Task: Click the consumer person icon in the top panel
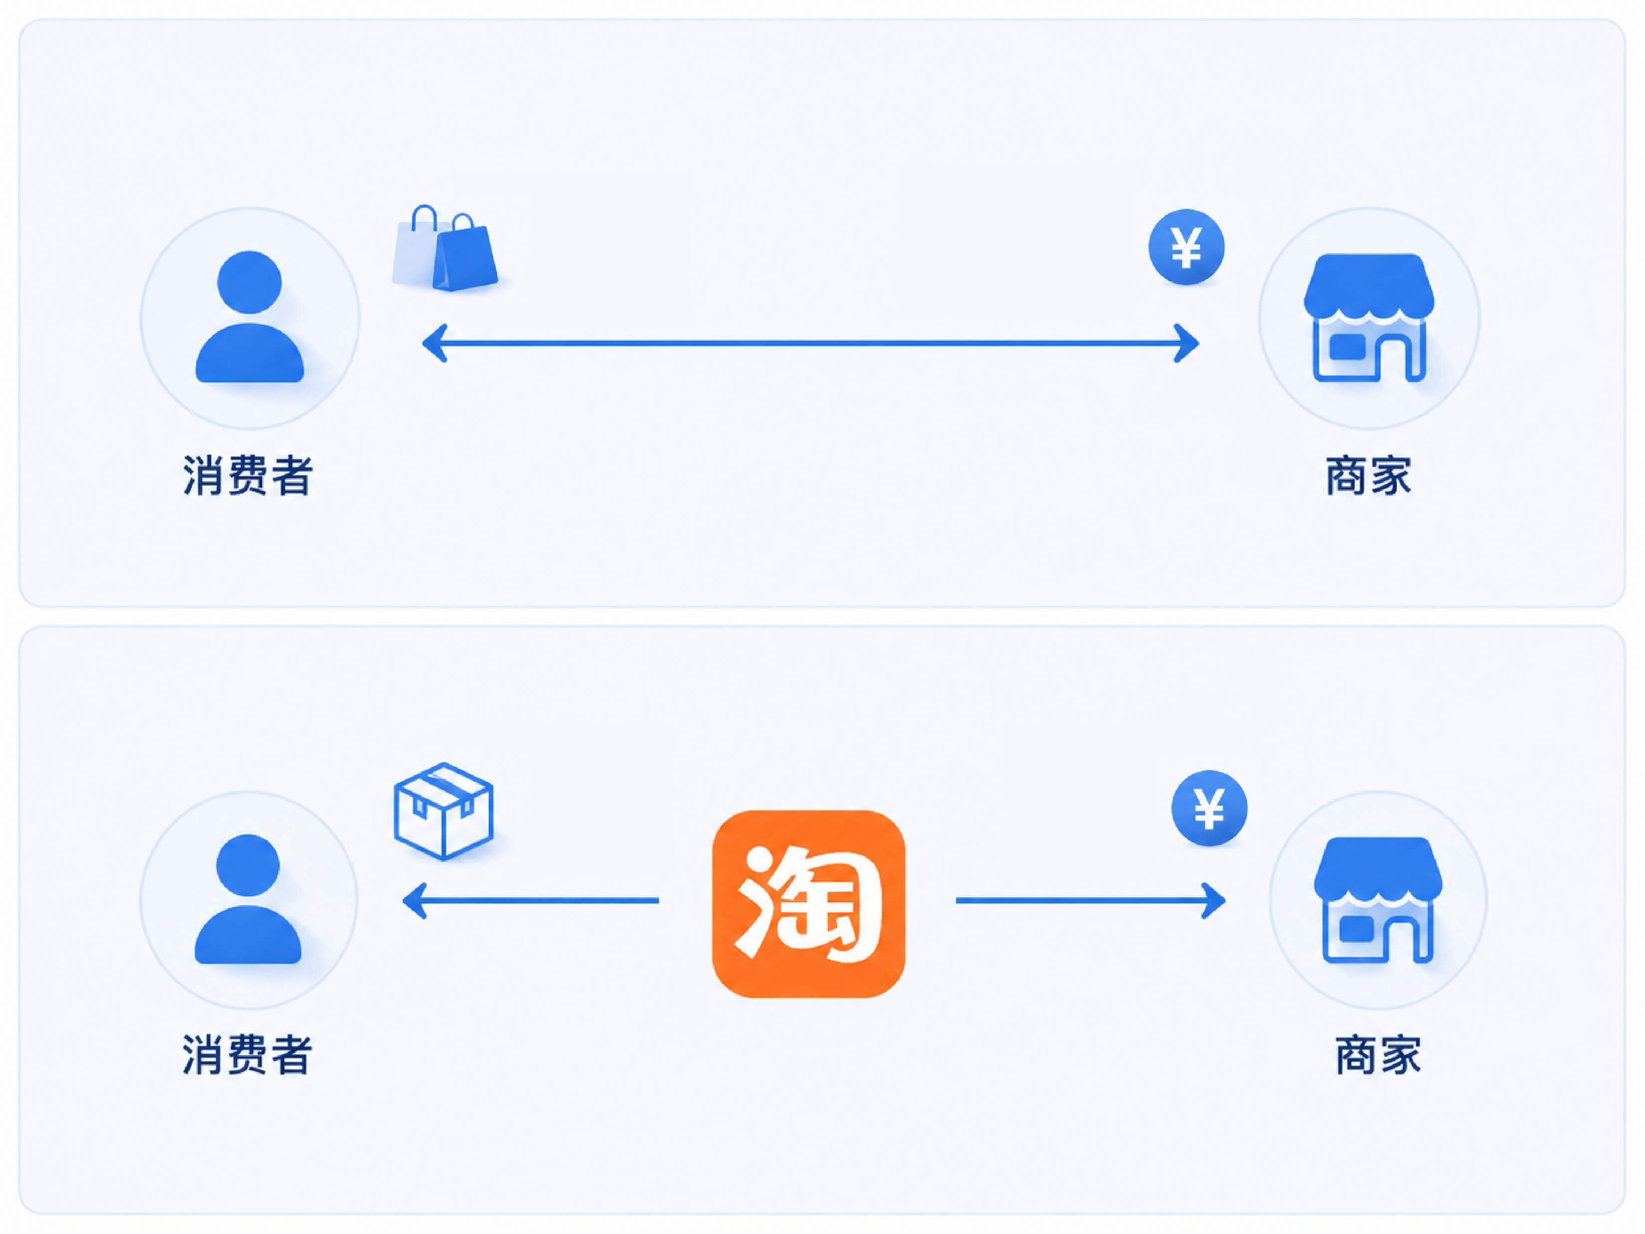point(249,316)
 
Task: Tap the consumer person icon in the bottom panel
point(248,899)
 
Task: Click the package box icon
point(443,811)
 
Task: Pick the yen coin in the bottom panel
point(1209,808)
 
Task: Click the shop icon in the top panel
point(1369,317)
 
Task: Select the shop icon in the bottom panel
point(1378,900)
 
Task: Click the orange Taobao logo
point(808,903)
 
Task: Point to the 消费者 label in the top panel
point(248,475)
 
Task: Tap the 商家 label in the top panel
point(1368,475)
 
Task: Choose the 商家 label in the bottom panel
point(1378,1054)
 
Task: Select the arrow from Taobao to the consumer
point(530,901)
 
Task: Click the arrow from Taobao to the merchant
point(1090,901)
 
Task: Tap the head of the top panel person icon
point(249,282)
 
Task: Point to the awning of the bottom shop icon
point(1378,867)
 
